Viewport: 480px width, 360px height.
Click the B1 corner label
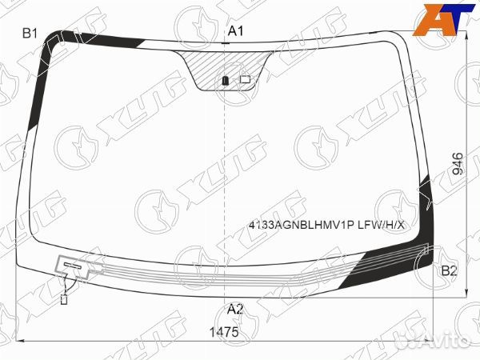(x=30, y=33)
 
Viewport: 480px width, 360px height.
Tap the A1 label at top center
(x=235, y=31)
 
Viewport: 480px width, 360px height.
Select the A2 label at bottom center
(x=234, y=309)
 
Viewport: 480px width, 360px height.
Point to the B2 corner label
(x=449, y=270)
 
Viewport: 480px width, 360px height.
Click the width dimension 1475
(x=224, y=332)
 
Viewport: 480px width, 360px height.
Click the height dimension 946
(x=458, y=164)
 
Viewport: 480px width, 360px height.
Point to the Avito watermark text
(x=447, y=339)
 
